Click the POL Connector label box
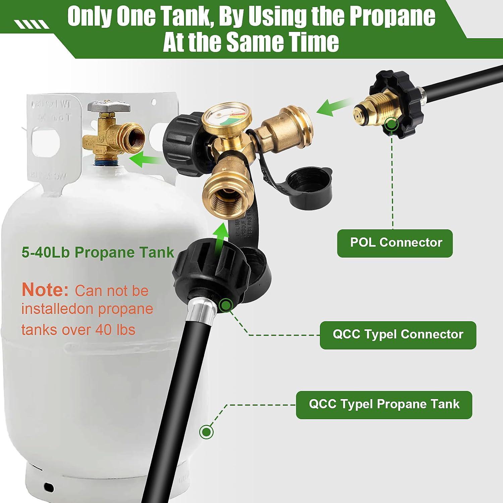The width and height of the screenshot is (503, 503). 395,243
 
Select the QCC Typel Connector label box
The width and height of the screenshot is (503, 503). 398,335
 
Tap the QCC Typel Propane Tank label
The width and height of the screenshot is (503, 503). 384,404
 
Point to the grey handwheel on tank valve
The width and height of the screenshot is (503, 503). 108,107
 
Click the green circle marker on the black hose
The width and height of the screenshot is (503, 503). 206,432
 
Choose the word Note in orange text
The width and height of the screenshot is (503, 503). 45,290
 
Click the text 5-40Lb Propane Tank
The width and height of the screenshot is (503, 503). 98,253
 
